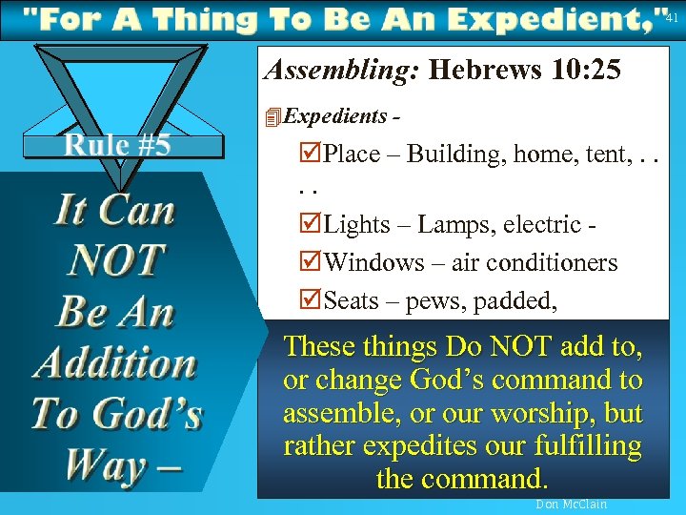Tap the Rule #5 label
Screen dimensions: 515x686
pos(116,146)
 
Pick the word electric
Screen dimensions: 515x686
pos(538,225)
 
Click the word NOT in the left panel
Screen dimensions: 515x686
pos(116,259)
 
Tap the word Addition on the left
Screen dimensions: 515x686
pos(114,363)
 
